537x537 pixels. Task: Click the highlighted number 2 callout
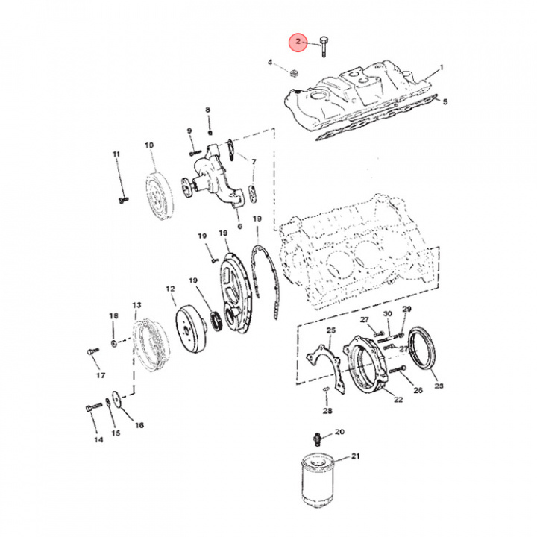[298, 43]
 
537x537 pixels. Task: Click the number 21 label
[355, 456]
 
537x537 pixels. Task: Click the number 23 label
[439, 386]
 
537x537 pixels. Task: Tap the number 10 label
[149, 145]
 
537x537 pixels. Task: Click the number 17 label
[100, 375]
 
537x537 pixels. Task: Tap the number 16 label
[139, 425]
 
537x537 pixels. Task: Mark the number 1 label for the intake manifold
[441, 67]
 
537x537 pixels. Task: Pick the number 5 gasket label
[445, 101]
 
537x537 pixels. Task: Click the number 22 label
[398, 400]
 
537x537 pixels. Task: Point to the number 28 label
[327, 410]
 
